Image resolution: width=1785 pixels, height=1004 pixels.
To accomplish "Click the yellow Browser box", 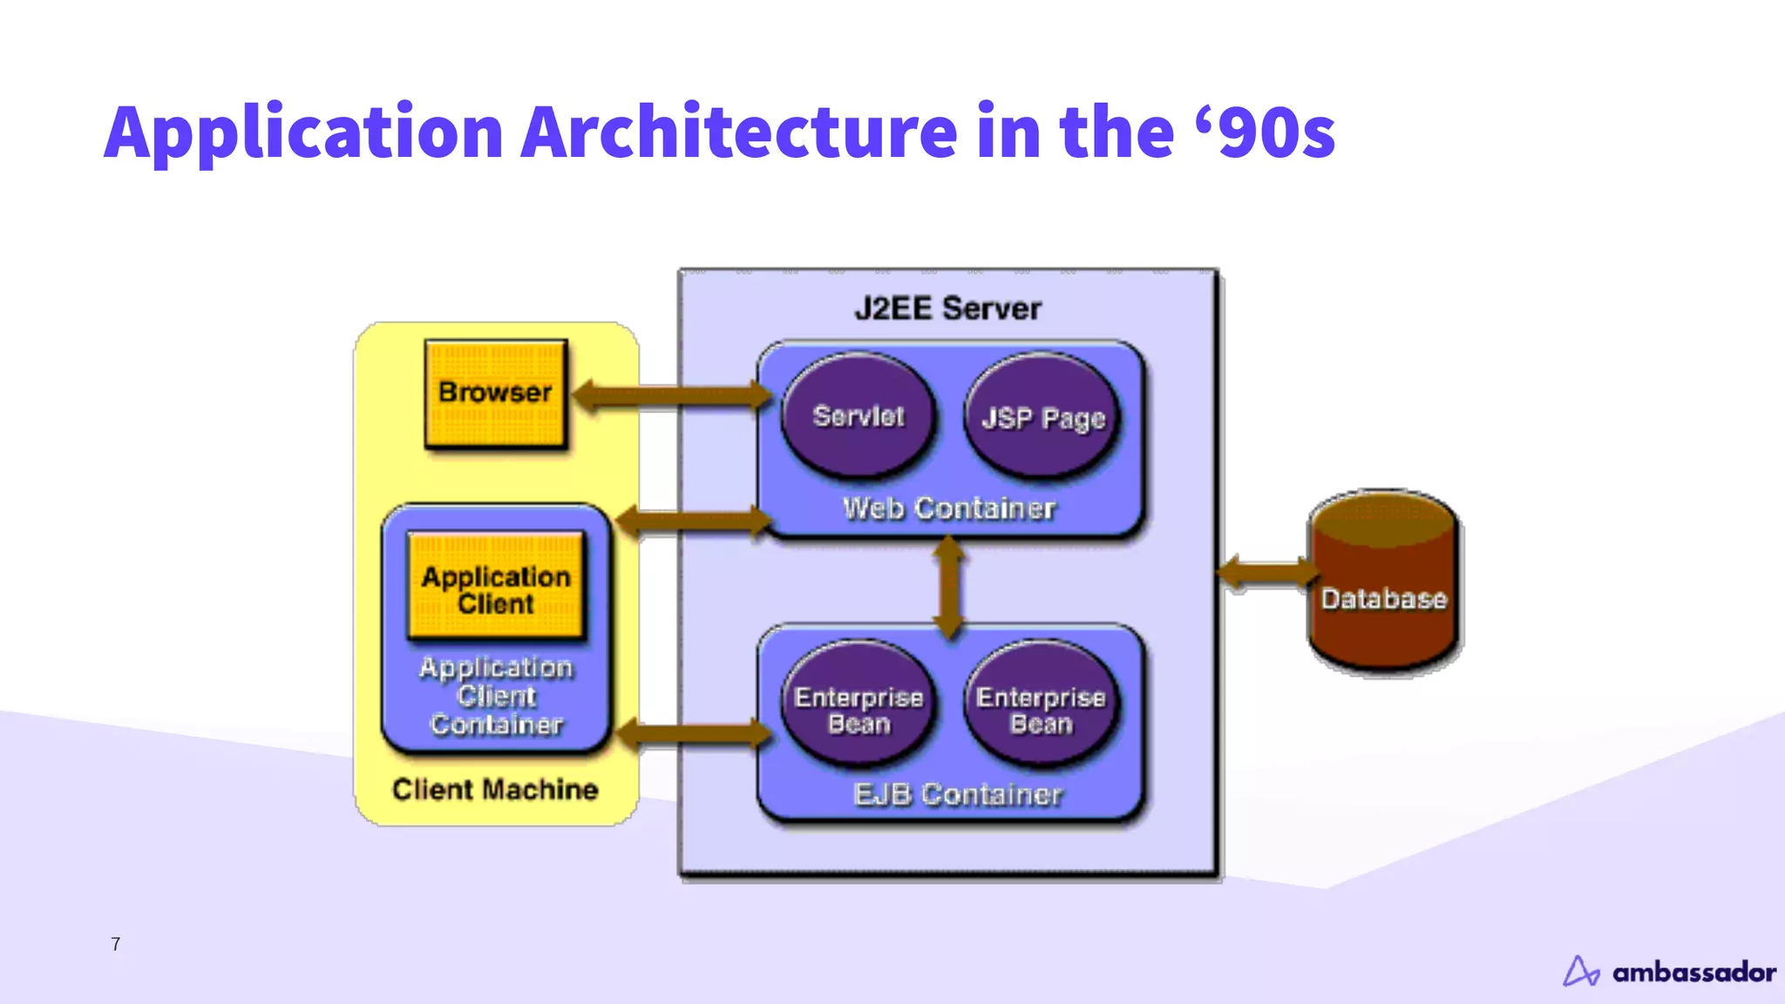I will tap(495, 394).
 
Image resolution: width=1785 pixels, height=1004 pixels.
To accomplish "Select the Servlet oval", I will tap(859, 417).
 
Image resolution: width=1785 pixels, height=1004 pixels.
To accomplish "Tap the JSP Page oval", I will tap(1042, 418).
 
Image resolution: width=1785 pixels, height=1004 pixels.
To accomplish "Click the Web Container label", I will tap(948, 508).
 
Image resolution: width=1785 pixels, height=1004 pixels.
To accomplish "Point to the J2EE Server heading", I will tap(947, 309).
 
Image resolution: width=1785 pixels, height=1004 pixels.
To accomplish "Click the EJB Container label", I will tap(957, 794).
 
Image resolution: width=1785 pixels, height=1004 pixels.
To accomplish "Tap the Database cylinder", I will tap(1384, 584).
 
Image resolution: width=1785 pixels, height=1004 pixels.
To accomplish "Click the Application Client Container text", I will tap(496, 695).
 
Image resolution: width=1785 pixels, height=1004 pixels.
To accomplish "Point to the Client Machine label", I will tap(495, 790).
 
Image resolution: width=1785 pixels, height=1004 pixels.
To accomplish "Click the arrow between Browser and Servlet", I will tap(671, 397).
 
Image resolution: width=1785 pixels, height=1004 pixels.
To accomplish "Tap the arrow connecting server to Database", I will tap(1268, 573).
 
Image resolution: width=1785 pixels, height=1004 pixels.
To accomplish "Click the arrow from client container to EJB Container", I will tap(693, 734).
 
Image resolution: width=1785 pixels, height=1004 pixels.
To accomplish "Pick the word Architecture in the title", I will tap(739, 132).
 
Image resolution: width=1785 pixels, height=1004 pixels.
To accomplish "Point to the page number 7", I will tap(116, 944).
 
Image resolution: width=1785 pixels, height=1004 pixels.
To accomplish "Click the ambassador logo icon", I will tap(1580, 971).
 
